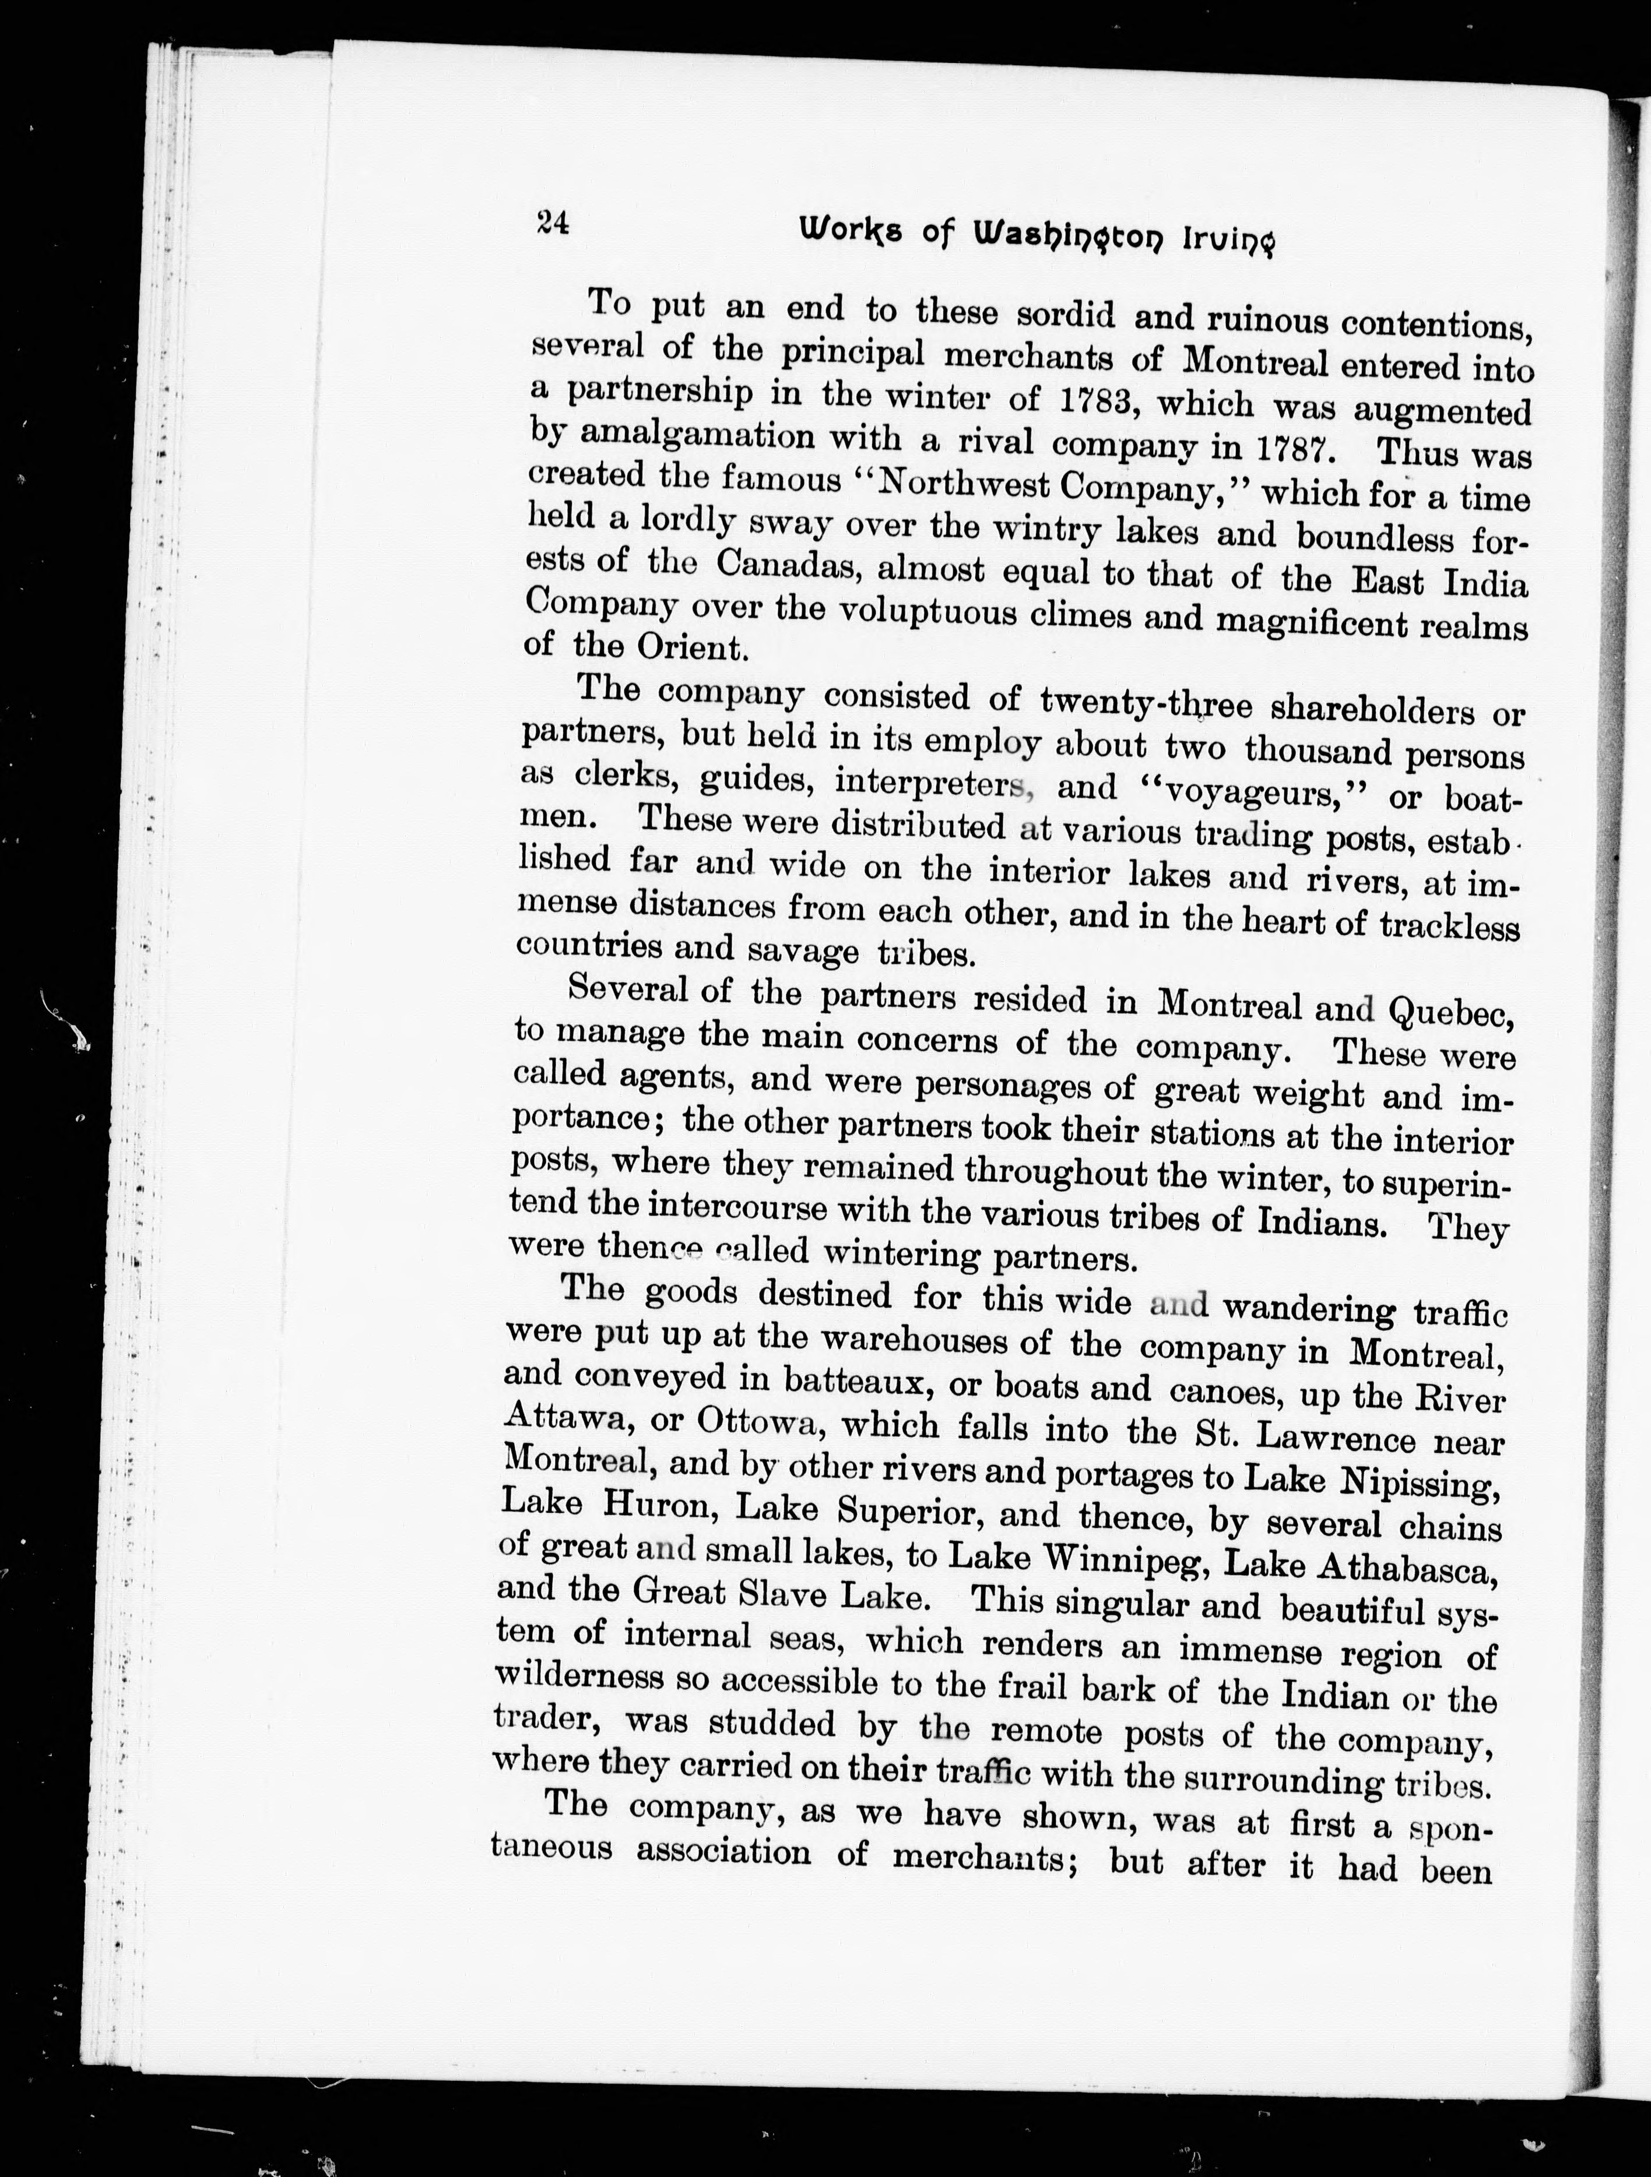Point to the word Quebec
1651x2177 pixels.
pos(1450,1011)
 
